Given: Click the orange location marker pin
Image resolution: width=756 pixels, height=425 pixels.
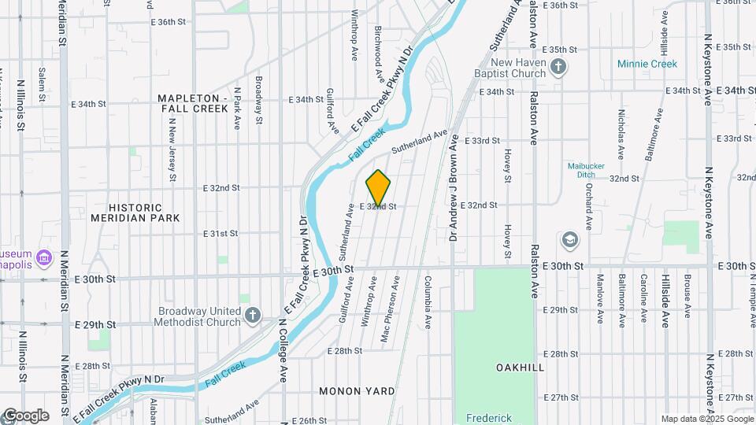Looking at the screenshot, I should [x=378, y=187].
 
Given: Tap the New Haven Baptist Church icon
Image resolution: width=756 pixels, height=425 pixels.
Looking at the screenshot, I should [x=558, y=68].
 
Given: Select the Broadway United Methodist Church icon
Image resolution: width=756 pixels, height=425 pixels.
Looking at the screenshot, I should [x=253, y=316].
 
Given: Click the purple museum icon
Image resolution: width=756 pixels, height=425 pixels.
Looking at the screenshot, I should [x=43, y=257].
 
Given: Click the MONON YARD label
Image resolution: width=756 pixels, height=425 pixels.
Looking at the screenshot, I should [x=357, y=390].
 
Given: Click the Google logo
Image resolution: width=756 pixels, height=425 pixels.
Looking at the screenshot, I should [x=25, y=415].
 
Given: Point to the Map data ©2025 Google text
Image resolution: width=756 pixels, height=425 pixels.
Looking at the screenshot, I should [x=706, y=419].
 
